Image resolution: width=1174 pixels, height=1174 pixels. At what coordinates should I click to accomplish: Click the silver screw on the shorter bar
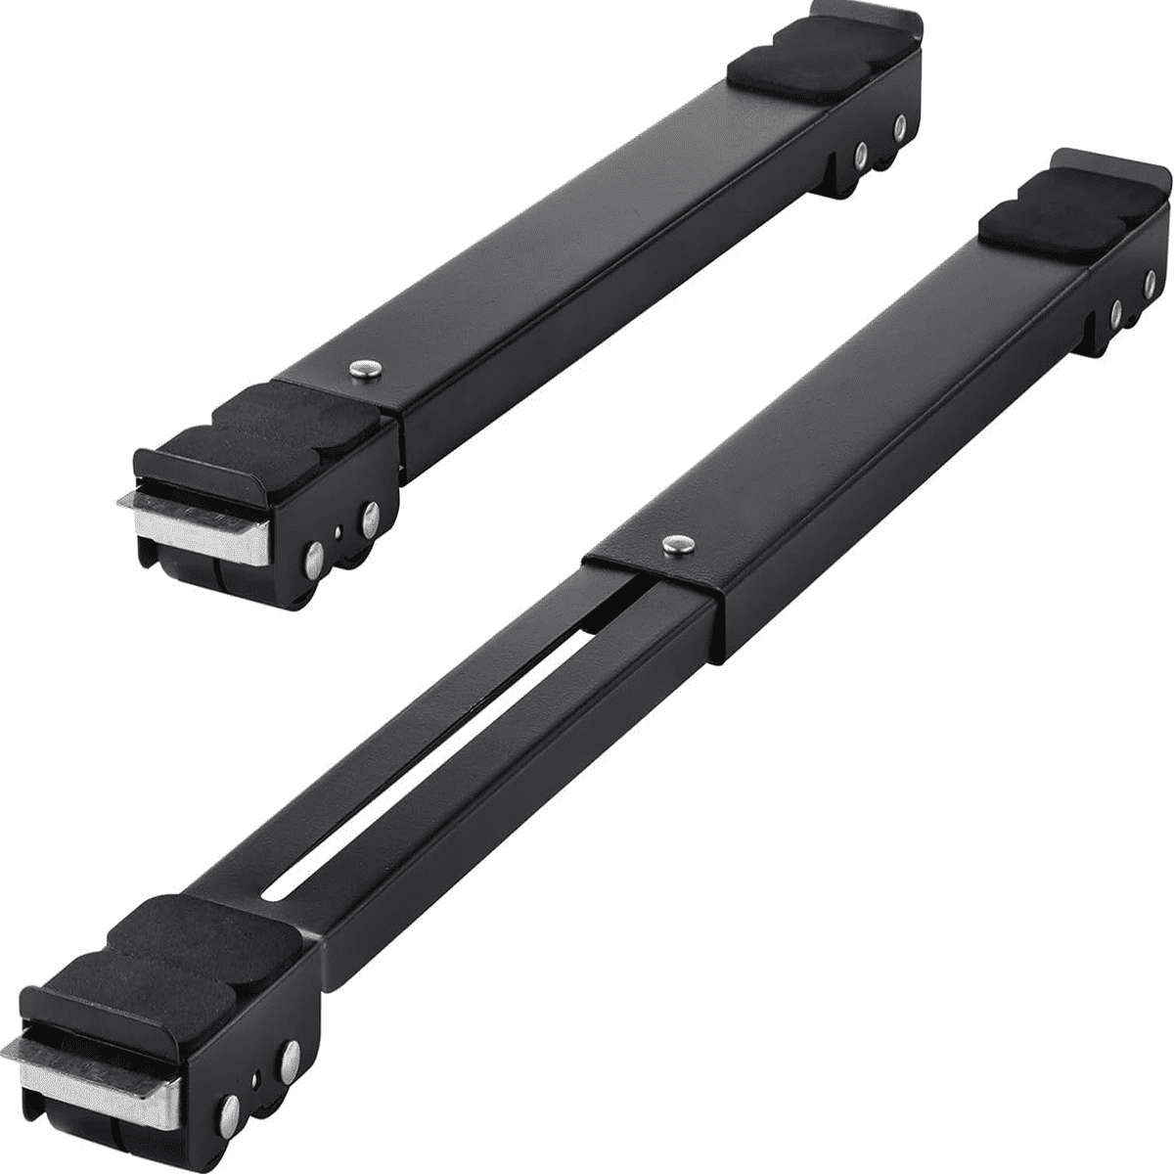(364, 368)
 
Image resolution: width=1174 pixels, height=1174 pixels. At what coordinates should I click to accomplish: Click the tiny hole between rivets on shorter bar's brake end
(337, 534)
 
